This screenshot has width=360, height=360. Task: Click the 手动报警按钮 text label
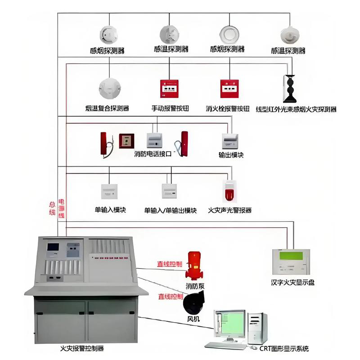coord(170,108)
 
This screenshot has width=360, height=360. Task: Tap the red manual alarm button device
coord(170,89)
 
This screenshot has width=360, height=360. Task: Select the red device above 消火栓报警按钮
coord(229,89)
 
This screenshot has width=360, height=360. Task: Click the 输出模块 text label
coord(231,155)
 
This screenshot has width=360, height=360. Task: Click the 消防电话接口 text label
coord(153,154)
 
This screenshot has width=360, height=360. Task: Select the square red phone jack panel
coord(126,141)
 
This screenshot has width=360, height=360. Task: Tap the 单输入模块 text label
coord(110,210)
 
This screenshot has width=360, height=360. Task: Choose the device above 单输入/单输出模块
coord(170,191)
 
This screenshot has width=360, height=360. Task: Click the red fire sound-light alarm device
coord(229,192)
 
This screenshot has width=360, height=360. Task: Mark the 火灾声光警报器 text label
coord(229,210)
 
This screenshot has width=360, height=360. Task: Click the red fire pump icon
coord(194,266)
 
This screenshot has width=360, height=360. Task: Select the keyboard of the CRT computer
coord(225,346)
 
